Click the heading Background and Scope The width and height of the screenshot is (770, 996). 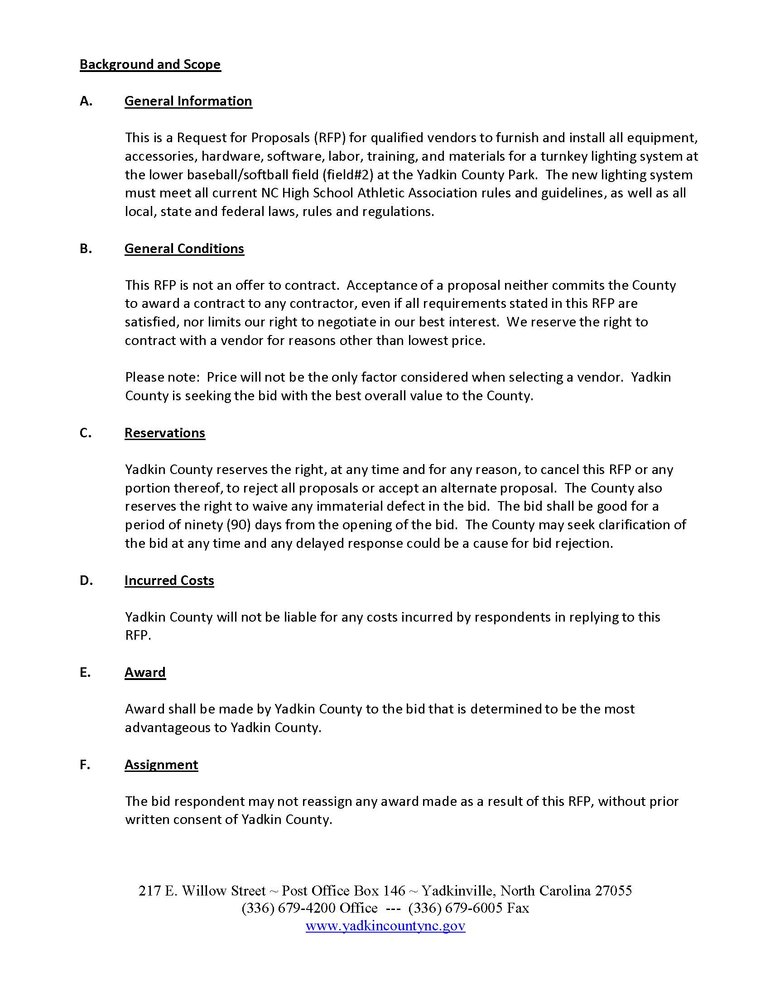point(150,64)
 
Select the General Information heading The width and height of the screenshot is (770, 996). point(188,101)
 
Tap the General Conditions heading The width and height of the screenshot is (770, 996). point(184,249)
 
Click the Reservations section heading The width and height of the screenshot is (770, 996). point(165,433)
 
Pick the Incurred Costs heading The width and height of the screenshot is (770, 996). point(169,580)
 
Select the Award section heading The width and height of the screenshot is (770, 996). point(145,673)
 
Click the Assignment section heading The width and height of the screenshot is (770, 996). point(161,765)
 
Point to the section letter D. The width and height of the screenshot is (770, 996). point(86,580)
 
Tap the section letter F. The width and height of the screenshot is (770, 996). point(85,765)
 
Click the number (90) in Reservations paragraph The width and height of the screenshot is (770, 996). point(238,525)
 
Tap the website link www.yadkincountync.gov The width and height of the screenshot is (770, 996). point(385,926)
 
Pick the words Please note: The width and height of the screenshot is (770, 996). point(163,378)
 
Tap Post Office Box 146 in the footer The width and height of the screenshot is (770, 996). point(343,891)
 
